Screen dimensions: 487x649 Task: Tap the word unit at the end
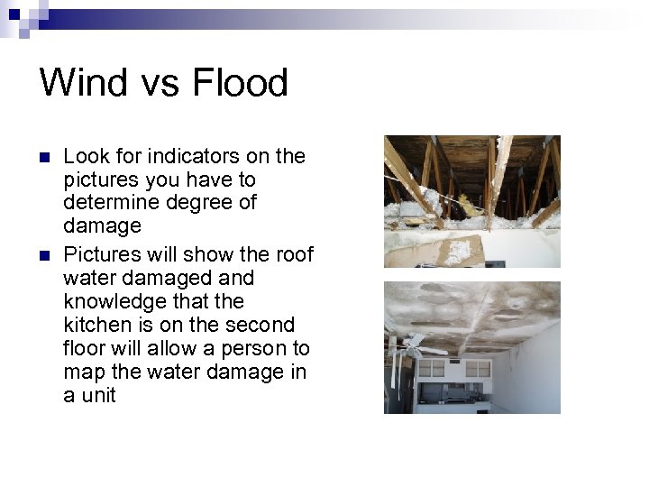[97, 395]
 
